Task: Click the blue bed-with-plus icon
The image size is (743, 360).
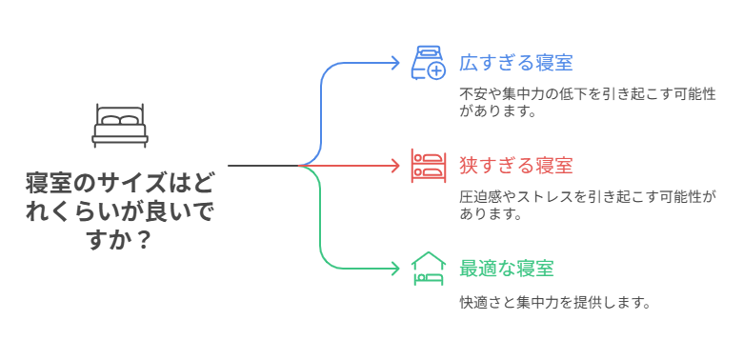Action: click(428, 62)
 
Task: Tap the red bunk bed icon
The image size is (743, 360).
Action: click(428, 166)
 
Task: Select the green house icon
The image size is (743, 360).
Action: click(428, 269)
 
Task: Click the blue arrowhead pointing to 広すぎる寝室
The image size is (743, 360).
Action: click(395, 63)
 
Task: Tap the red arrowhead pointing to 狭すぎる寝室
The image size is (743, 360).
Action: click(395, 166)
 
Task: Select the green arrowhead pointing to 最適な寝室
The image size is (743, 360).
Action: click(395, 269)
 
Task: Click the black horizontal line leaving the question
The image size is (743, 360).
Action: click(262, 166)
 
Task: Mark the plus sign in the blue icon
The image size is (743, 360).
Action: click(436, 70)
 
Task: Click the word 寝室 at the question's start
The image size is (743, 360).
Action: click(50, 181)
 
